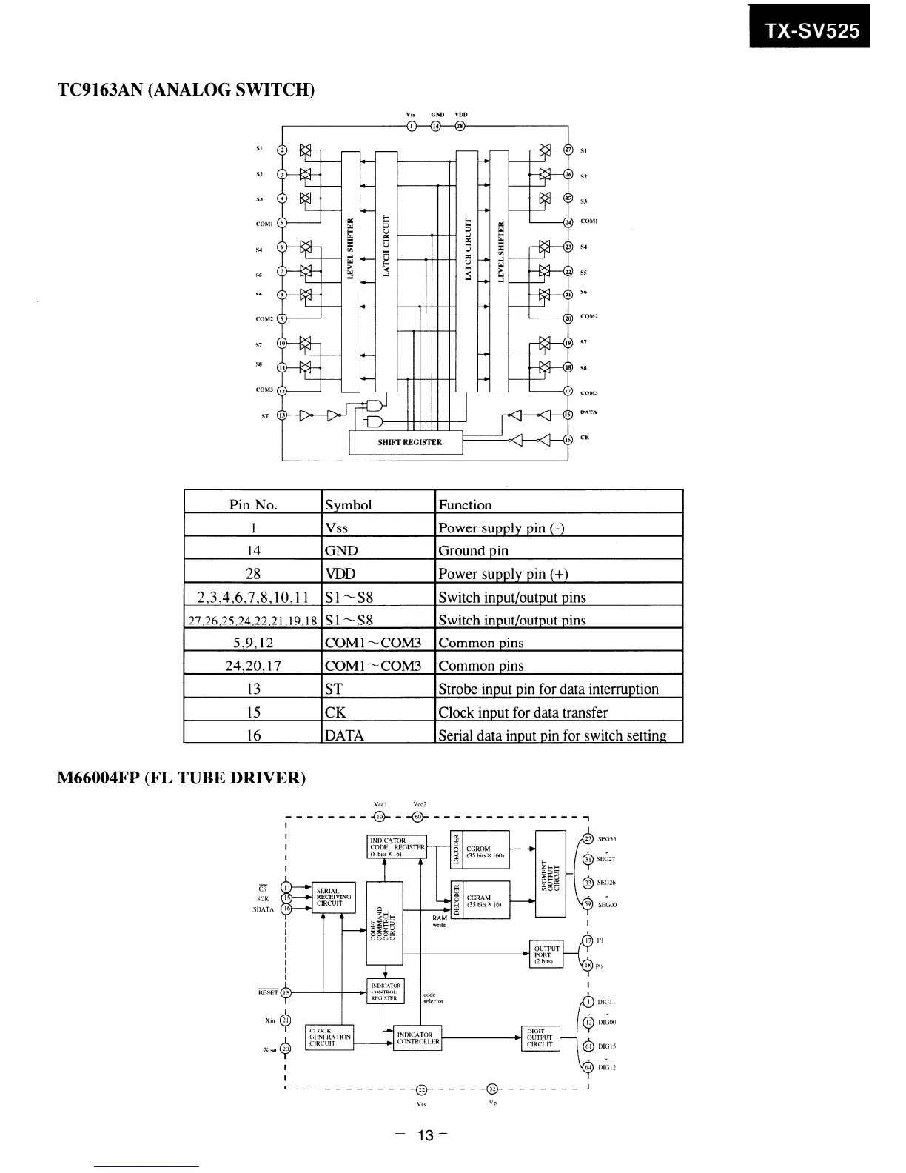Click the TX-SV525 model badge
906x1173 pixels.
pyautogui.click(x=810, y=30)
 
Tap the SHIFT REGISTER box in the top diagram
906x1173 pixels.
pyautogui.click(x=406, y=442)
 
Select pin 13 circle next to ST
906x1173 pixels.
pyautogui.click(x=282, y=415)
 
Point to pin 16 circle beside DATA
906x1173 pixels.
pyautogui.click(x=568, y=415)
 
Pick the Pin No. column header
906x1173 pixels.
pyautogui.click(x=253, y=504)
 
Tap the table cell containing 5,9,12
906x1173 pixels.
pyautogui.click(x=253, y=643)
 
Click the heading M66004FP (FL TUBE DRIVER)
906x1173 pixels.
pyautogui.click(x=181, y=778)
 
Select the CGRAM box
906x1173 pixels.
pyautogui.click(x=487, y=900)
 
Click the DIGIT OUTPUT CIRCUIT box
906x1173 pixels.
pyautogui.click(x=540, y=1037)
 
